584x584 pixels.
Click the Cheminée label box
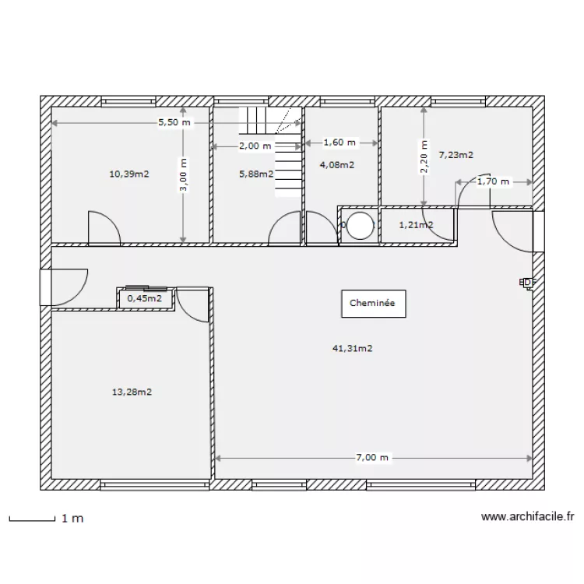(x=372, y=304)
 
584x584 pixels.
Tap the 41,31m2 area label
(x=352, y=349)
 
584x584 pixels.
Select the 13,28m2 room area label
(x=132, y=392)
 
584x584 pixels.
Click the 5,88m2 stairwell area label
(x=256, y=174)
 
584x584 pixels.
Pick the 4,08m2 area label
(x=336, y=164)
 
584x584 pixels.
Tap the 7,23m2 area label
(x=456, y=155)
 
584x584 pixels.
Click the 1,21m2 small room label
(x=415, y=226)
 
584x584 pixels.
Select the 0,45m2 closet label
(x=145, y=297)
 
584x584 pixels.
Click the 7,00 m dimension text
(x=372, y=458)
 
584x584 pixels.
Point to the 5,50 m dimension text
(x=173, y=123)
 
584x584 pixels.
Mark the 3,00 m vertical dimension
(x=184, y=176)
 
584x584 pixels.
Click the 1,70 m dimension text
(x=492, y=181)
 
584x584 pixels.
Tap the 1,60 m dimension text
(x=339, y=142)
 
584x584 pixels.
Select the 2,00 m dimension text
(x=255, y=146)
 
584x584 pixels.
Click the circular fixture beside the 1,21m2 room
(x=361, y=226)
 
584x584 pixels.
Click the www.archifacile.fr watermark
(x=527, y=516)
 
